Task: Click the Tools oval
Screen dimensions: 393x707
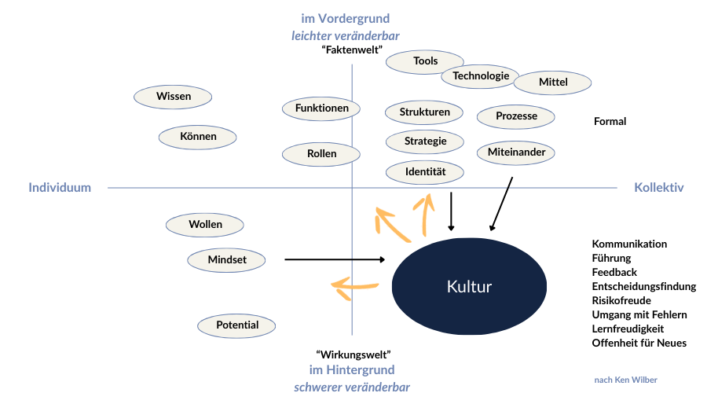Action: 425,61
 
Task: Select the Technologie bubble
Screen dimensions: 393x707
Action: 480,76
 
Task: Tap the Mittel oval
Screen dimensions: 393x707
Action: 553,82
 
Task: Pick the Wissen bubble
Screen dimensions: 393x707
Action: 173,97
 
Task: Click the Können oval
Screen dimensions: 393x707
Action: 198,137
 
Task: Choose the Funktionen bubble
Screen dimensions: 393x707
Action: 321,108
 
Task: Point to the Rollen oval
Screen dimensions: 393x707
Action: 321,154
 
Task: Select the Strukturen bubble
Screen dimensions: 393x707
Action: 425,112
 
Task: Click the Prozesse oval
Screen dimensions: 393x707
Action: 516,116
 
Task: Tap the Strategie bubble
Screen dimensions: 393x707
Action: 425,141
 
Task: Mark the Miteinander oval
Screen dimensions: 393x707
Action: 516,152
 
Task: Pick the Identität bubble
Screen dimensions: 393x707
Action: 425,171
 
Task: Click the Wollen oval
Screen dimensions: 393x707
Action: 205,225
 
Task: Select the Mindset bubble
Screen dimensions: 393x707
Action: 227,260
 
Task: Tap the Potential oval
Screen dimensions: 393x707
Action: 237,325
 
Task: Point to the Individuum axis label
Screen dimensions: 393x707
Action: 60,188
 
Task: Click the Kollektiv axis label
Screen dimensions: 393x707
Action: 658,188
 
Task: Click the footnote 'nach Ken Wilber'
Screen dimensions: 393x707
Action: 625,380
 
